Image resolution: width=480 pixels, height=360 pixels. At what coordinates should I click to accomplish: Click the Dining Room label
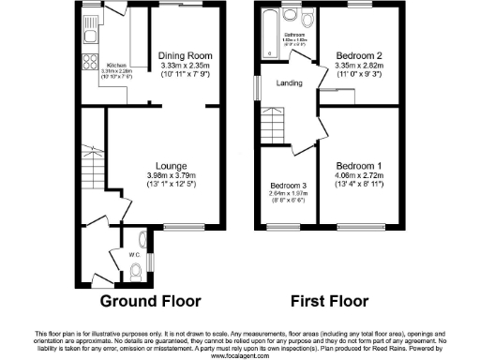[183, 54]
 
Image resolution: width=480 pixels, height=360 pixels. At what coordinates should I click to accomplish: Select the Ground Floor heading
[151, 302]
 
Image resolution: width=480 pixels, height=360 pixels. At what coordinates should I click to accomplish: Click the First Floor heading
[328, 302]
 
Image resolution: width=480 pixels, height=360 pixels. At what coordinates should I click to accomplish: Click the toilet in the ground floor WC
[137, 272]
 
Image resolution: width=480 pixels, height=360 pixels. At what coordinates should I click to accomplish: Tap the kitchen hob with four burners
[92, 62]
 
